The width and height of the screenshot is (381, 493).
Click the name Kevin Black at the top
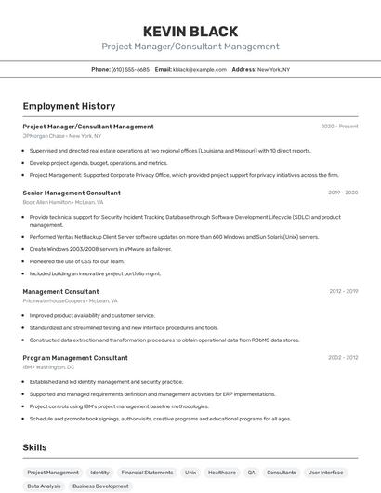[190, 32]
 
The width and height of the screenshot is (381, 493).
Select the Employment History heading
[69, 107]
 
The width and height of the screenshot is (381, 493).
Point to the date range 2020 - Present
[339, 127]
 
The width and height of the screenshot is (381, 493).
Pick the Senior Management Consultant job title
[72, 193]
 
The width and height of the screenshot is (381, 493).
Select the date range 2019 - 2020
[343, 193]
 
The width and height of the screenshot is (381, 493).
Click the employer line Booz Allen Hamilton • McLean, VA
[63, 202]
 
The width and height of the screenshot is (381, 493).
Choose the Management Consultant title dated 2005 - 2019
[60, 291]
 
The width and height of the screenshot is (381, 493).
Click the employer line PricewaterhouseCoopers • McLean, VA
[71, 301]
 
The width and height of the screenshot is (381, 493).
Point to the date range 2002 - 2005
[343, 357]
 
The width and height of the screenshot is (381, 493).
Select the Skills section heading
[35, 447]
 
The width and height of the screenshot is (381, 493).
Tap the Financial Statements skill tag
[147, 473]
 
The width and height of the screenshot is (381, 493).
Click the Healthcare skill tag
[222, 473]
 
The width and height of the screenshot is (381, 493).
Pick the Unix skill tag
[190, 473]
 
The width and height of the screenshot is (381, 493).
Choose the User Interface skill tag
[326, 473]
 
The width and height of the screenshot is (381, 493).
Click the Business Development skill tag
[100, 486]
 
